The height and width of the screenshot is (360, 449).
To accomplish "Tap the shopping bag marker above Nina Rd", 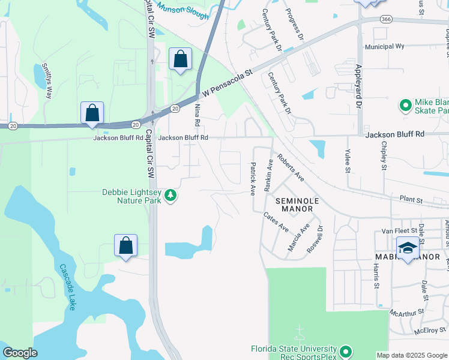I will pos(180,59).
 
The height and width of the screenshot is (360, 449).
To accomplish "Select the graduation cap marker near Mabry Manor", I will pos(408,248).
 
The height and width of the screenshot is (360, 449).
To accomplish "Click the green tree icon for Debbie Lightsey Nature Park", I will pos(171,196).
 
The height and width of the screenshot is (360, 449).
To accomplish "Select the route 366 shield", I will pos(386,19).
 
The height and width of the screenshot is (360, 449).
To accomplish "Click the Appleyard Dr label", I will pos(359,87).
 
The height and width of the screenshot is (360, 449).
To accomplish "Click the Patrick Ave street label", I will pos(253,178).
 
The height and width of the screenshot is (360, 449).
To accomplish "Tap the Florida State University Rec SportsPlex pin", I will pos(345,350).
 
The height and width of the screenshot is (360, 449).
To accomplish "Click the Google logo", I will pos(20,353).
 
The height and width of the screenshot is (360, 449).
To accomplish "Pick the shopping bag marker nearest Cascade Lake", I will pos(125,245).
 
